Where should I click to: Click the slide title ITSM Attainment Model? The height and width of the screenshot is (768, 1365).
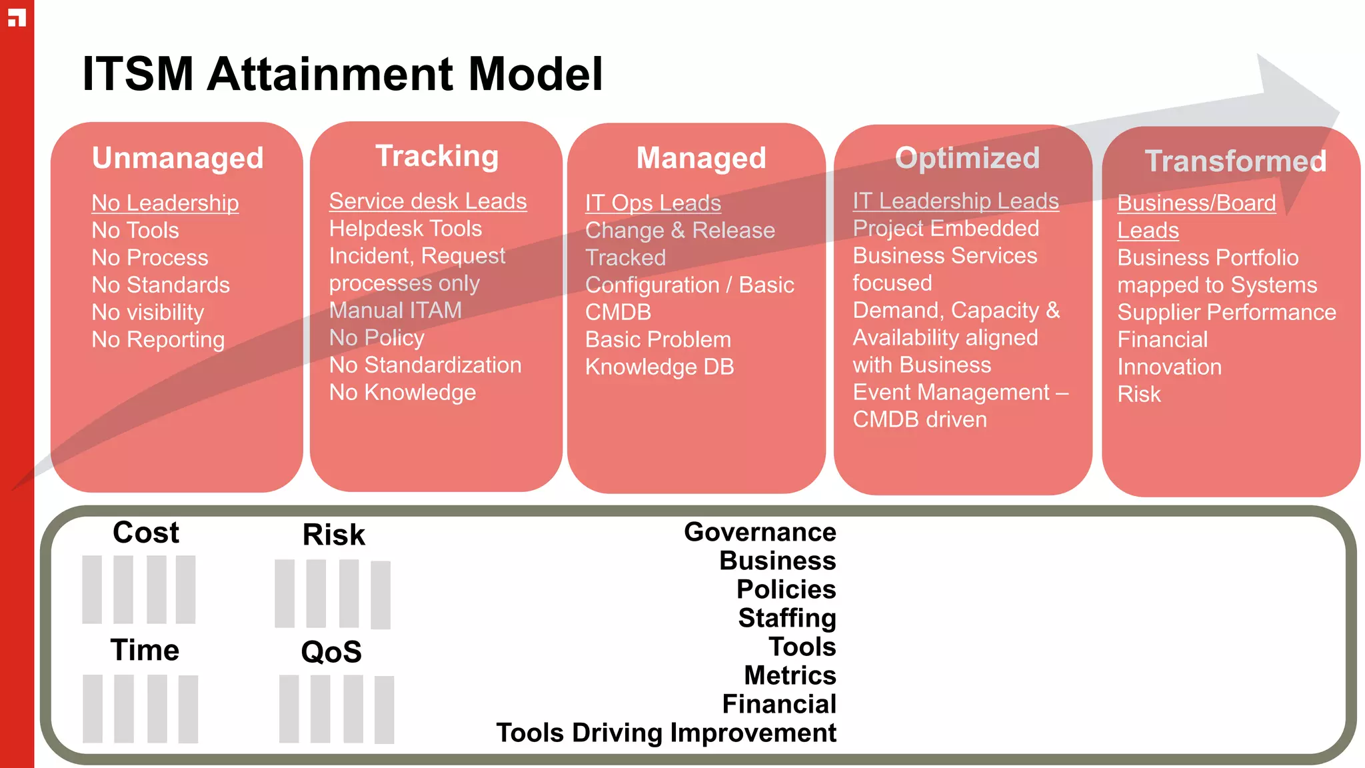pyautogui.click(x=342, y=74)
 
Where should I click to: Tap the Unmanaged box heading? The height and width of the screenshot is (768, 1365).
pyautogui.click(x=177, y=158)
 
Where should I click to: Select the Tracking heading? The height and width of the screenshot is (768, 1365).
pyautogui.click(x=437, y=156)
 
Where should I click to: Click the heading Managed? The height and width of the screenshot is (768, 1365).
pyautogui.click(x=701, y=158)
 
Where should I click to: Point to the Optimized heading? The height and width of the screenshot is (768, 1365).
pyautogui.click(x=967, y=158)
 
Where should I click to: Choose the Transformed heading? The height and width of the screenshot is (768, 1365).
pyautogui.click(x=1235, y=161)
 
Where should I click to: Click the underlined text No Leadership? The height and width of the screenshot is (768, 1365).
pyautogui.click(x=165, y=203)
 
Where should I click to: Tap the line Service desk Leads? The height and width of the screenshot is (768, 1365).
pyautogui.click(x=428, y=201)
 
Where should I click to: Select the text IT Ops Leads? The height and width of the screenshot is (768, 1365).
pyautogui.click(x=653, y=203)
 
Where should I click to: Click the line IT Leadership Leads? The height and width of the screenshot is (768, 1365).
pyautogui.click(x=956, y=201)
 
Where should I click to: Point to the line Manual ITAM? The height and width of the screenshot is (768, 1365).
pyautogui.click(x=395, y=310)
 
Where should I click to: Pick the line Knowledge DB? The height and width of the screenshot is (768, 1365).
pyautogui.click(x=659, y=367)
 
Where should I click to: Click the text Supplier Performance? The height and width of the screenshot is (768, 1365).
pyautogui.click(x=1226, y=312)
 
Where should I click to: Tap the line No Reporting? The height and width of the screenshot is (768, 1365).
pyautogui.click(x=158, y=339)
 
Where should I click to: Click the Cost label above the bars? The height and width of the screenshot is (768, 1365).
pyautogui.click(x=146, y=532)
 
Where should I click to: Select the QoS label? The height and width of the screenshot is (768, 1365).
pyautogui.click(x=331, y=651)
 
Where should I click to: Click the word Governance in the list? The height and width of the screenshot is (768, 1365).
pyautogui.click(x=760, y=532)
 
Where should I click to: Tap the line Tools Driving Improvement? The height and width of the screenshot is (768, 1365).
pyautogui.click(x=666, y=733)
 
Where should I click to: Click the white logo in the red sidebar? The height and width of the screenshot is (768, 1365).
pyautogui.click(x=17, y=18)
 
